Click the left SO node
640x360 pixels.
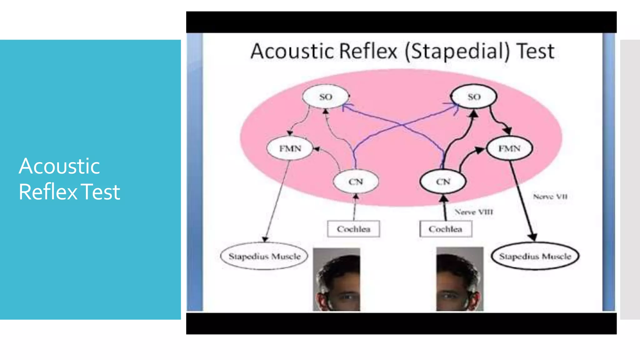point(325,97)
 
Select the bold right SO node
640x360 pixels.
point(474,97)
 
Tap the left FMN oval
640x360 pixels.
point(290,148)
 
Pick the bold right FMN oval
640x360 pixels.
point(509,148)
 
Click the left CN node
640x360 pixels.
point(356,182)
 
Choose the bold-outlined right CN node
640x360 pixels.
point(443,182)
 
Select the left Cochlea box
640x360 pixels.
point(353,229)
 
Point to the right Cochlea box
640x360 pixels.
point(445,229)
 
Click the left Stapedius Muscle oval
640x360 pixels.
point(264,256)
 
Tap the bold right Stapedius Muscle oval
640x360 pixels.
point(535,256)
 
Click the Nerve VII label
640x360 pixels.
point(550,197)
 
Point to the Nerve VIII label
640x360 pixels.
point(474,212)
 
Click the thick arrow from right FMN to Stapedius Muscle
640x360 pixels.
point(522,200)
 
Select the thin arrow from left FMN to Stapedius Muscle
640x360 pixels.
point(277,200)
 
